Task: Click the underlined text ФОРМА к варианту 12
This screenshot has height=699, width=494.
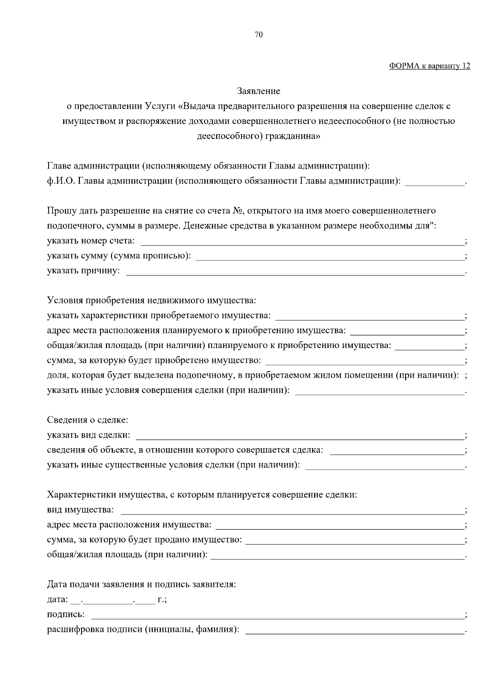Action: [429, 66]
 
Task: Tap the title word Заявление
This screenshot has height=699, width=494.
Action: [259, 91]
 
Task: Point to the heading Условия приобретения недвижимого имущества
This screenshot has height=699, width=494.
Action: [151, 300]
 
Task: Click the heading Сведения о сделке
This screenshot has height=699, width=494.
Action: [88, 420]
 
